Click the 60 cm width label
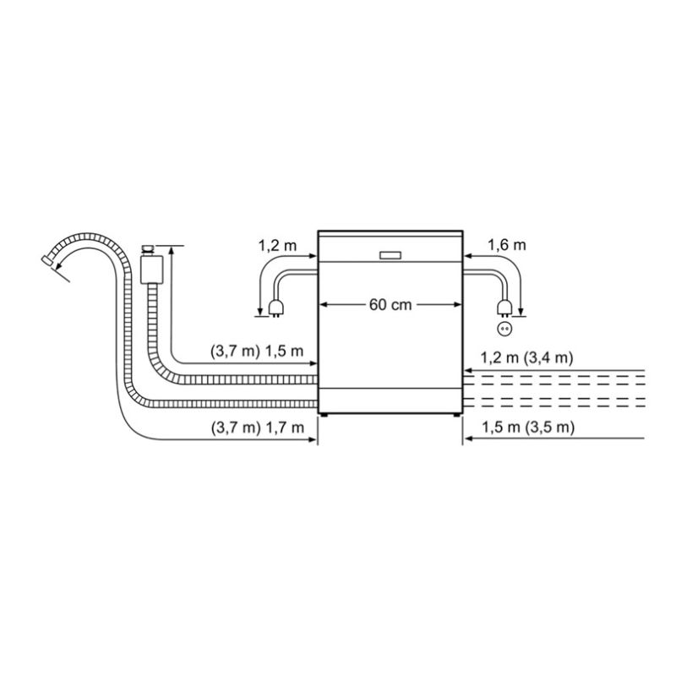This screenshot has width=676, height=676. click(390, 305)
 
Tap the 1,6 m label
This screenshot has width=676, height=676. click(506, 245)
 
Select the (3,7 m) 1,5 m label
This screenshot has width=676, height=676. click(257, 352)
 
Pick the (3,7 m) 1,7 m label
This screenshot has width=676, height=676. click(258, 428)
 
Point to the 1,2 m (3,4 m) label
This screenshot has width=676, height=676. click(526, 357)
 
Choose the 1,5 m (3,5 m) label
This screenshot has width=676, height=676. click(528, 428)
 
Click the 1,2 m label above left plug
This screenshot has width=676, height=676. click(277, 246)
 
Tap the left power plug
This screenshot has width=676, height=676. click(275, 308)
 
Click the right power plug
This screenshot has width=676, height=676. click(504, 308)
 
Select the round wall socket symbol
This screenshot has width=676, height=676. click(504, 330)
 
